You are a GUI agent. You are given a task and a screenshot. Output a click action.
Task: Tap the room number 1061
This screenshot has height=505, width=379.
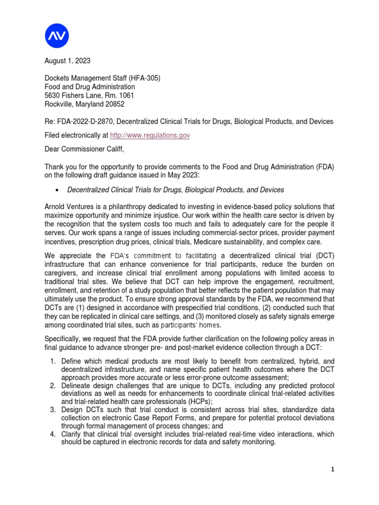[125, 95]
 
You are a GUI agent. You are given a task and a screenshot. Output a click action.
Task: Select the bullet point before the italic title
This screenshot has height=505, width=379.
[59, 190]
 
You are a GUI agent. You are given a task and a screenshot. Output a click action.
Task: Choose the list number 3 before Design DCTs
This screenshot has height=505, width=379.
[53, 409]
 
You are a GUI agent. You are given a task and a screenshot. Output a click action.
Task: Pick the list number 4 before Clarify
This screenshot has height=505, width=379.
[53, 434]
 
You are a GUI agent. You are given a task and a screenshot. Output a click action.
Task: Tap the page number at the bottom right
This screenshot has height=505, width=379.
[333, 470]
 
